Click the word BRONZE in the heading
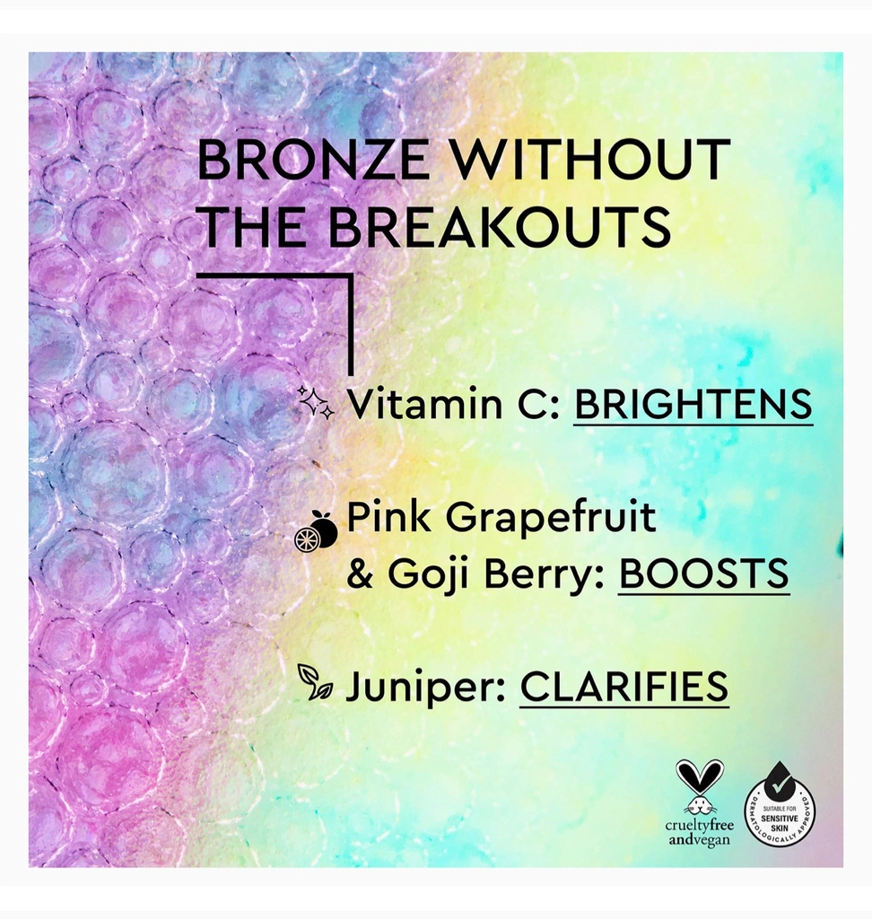pos(313,160)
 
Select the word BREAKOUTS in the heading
pos(500,226)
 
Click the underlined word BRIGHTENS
pos(693,404)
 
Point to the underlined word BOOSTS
pos(704,573)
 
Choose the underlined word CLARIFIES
pos(624,687)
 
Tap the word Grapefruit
pos(551,519)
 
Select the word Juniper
pos(425,687)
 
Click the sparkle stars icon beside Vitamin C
pos(316,402)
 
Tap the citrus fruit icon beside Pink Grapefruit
pos(316,531)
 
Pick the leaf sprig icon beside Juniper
pos(315,682)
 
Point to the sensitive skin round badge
pos(780,810)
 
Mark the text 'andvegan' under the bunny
pos(699,840)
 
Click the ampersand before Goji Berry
pos(360,573)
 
